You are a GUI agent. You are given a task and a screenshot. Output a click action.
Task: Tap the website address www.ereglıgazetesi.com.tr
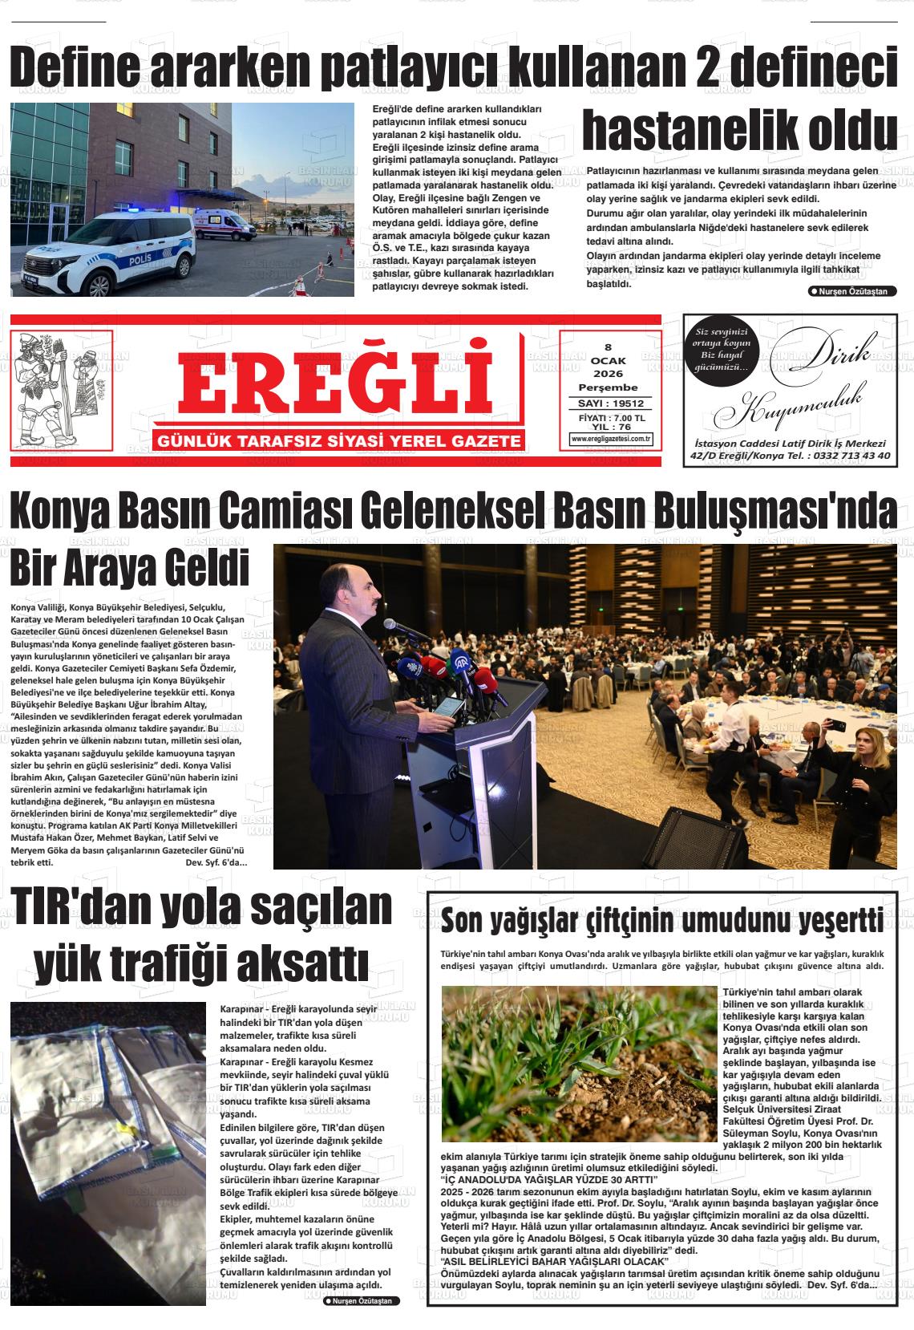(x=611, y=439)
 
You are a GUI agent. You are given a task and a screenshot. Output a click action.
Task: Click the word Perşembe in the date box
(x=608, y=387)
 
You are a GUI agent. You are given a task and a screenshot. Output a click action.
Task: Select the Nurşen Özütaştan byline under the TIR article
(x=361, y=1300)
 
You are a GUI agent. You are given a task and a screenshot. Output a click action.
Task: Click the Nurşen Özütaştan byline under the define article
(x=852, y=291)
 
